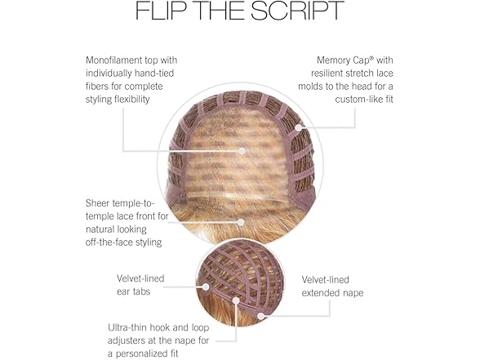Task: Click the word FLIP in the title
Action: [x=161, y=11]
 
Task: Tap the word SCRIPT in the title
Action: [x=297, y=11]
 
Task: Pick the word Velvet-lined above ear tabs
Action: [x=140, y=278]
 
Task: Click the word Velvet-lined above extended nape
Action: [x=326, y=279]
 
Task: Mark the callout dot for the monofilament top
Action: [x=242, y=150]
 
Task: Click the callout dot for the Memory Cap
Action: [x=298, y=128]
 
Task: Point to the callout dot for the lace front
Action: [x=241, y=222]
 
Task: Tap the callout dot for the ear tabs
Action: [x=206, y=287]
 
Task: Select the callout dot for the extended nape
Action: [x=261, y=316]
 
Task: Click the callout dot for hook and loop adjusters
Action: [x=236, y=300]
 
